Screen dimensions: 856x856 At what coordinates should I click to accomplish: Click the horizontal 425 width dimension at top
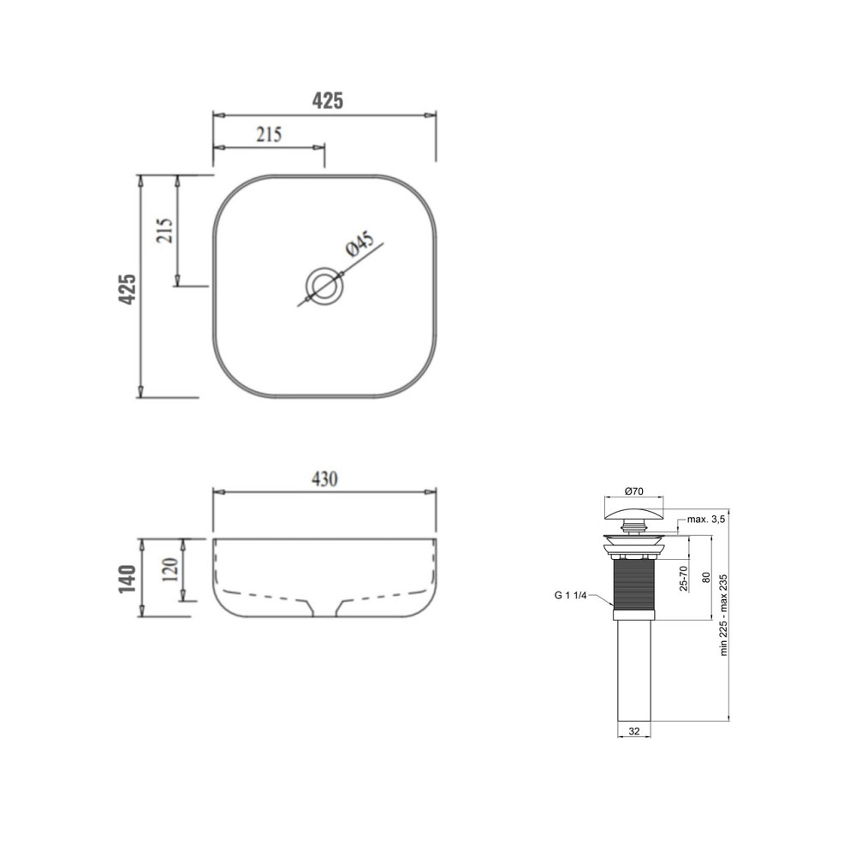[x=327, y=100]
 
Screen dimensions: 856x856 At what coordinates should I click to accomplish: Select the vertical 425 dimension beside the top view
[x=127, y=289]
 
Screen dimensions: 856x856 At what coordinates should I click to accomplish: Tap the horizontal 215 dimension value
[x=268, y=134]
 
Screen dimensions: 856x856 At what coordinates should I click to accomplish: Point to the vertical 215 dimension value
[x=165, y=230]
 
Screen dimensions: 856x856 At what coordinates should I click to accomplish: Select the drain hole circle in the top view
[x=324, y=283]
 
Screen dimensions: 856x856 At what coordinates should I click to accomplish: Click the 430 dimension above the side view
[x=324, y=479]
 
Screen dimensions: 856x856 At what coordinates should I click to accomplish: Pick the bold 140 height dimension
[x=128, y=580]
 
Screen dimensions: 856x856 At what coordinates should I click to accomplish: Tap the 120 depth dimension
[x=169, y=568]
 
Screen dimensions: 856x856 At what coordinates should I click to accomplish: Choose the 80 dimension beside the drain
[x=705, y=577]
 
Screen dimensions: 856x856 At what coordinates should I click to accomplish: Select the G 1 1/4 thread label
[x=571, y=595]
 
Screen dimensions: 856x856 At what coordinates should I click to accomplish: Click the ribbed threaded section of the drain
[x=633, y=582]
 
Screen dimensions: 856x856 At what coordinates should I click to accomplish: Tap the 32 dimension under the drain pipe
[x=634, y=732]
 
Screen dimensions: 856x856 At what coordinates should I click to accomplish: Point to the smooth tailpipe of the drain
[x=634, y=668]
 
